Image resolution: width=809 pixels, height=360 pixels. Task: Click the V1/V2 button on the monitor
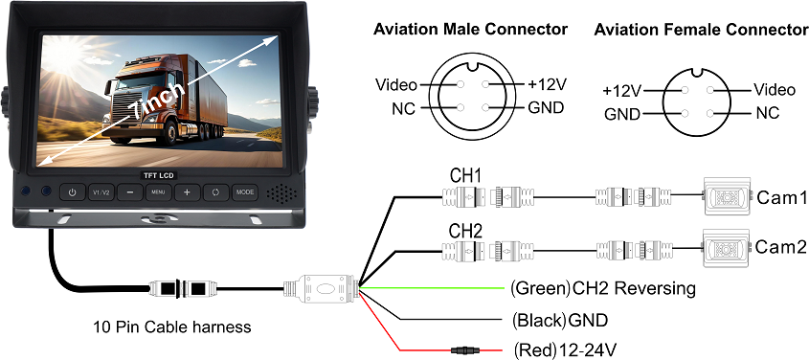[101, 192]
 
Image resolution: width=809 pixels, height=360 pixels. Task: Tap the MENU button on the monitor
[158, 192]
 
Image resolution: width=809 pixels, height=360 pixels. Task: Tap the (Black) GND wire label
[560, 319]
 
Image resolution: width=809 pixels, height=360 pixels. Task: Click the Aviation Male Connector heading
[469, 30]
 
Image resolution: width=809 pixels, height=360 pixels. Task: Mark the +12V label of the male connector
[546, 84]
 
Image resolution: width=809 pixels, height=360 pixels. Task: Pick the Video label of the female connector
[774, 90]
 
